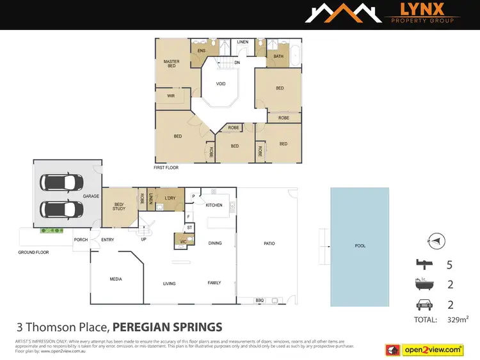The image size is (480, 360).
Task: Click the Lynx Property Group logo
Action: tap(381, 14)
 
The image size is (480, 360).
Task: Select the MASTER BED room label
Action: tap(171, 64)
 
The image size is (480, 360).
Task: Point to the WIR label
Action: tap(171, 96)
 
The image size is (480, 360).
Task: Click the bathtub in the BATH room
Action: tap(294, 56)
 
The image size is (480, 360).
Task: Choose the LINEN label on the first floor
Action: tap(243, 42)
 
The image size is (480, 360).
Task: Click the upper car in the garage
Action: tap(61, 182)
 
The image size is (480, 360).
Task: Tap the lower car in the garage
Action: tap(61, 209)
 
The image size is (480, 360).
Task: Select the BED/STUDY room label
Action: tap(118, 205)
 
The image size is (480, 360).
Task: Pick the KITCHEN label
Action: tap(214, 205)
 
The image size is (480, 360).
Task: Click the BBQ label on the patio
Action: tap(260, 299)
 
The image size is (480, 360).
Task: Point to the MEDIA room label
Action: tap(116, 279)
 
